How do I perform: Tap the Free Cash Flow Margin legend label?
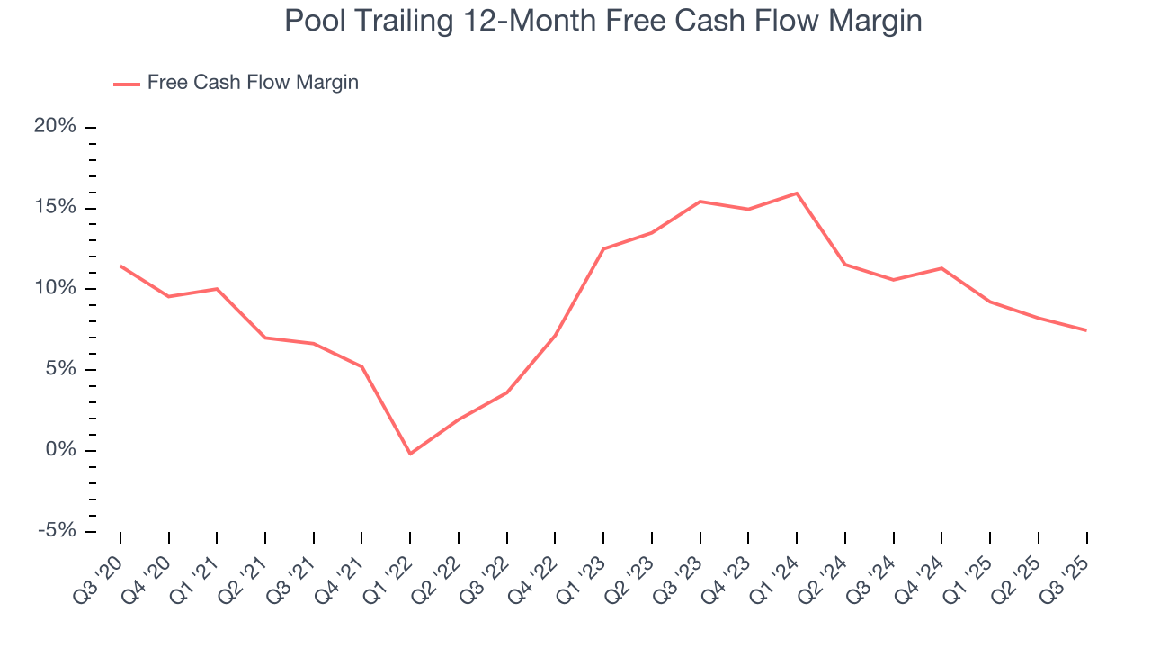[253, 83]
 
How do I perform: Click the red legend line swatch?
[126, 84]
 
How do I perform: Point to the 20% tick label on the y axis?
[55, 127]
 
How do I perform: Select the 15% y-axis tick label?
[55, 208]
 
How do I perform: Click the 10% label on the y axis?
[55, 288]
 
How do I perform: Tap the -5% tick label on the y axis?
[57, 531]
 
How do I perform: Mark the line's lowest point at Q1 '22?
[410, 454]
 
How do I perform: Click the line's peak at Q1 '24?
[797, 193]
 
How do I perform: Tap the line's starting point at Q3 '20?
[120, 266]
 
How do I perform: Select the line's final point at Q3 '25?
[1086, 330]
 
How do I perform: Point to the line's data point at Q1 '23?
[603, 248]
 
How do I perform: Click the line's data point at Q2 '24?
[845, 265]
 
